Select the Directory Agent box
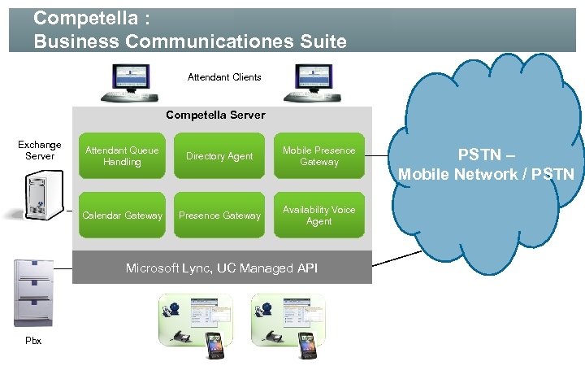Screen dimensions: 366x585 (x=219, y=156)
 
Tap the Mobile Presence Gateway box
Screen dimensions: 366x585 (x=318, y=156)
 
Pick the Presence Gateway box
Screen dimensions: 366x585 (x=219, y=216)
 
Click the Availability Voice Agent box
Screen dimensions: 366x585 (x=318, y=216)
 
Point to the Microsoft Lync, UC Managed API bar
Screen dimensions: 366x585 (x=222, y=268)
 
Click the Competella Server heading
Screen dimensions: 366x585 (x=215, y=115)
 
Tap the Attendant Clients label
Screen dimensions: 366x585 (x=224, y=77)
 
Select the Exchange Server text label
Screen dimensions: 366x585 (x=39, y=150)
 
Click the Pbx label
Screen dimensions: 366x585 (x=33, y=341)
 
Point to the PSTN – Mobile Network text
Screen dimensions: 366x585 (x=486, y=164)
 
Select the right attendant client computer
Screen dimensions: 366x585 (x=314, y=81)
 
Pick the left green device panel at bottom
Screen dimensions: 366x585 (x=194, y=320)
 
